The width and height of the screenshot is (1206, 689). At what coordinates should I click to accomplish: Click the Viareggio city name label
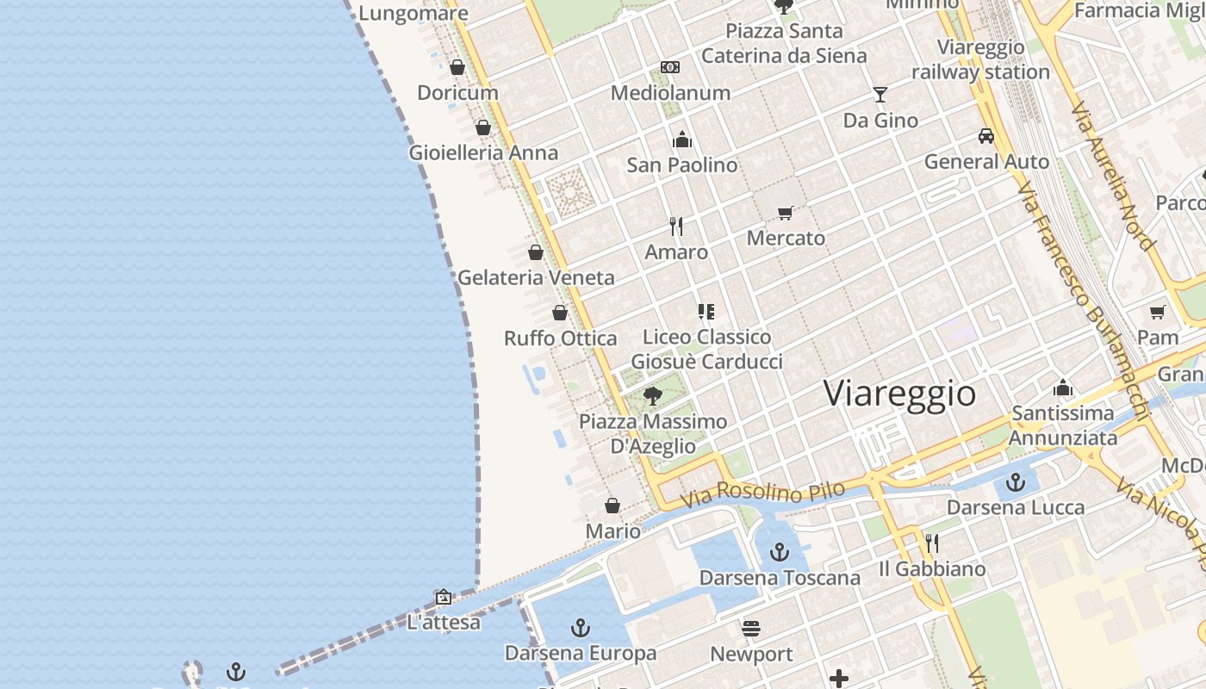[899, 394]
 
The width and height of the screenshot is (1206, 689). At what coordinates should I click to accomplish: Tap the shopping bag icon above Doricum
[457, 67]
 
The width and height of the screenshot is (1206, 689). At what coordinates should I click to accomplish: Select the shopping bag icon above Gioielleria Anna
[483, 127]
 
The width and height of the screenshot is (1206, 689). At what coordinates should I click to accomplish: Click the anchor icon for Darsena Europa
[581, 628]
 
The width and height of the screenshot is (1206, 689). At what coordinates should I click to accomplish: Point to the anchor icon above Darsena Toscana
[780, 552]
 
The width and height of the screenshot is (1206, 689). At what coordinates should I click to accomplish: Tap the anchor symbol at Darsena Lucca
[1016, 482]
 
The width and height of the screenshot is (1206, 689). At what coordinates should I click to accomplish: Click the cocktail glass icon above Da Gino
[880, 94]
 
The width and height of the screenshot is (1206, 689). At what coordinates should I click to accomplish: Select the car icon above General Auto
[986, 136]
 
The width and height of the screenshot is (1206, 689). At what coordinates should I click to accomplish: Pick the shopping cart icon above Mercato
[785, 213]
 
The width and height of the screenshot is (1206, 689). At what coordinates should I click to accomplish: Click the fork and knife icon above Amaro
[676, 227]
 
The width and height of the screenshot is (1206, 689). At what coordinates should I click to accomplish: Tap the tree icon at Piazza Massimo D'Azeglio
[653, 396]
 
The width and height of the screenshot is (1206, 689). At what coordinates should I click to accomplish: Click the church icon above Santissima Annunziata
[1063, 388]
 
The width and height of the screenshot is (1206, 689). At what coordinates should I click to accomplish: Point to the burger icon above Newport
[751, 629]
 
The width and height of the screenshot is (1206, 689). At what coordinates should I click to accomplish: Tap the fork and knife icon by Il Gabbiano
[932, 543]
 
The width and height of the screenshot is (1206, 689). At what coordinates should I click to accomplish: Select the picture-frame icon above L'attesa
[444, 597]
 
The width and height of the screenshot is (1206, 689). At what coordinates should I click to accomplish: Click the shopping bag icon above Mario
[612, 506]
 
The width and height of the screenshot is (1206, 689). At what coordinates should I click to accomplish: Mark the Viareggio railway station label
[980, 59]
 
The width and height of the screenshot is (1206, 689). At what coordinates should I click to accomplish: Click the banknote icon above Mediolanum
[670, 67]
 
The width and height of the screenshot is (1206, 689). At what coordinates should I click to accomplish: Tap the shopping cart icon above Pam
[1157, 312]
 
